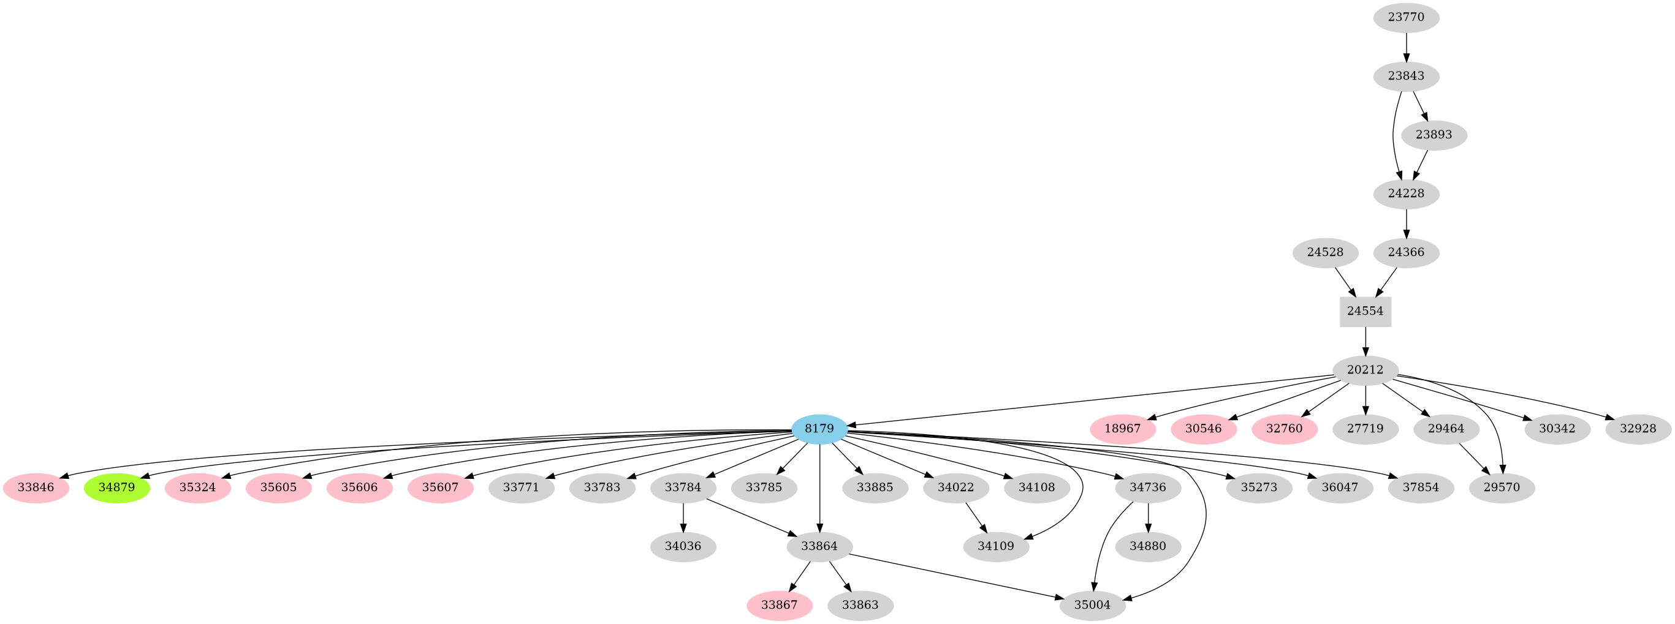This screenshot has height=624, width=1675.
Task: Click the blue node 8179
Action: click(819, 429)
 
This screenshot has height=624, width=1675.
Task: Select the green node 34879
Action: click(117, 487)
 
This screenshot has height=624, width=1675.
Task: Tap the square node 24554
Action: click(1365, 311)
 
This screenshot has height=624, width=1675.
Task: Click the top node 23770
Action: click(1406, 18)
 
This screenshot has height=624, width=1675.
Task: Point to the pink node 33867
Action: click(779, 605)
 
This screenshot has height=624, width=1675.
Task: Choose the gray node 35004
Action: click(1092, 605)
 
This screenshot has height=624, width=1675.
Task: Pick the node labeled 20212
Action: click(1365, 370)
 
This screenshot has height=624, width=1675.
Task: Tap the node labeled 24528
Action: click(1325, 252)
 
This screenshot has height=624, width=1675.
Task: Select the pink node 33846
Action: click(36, 487)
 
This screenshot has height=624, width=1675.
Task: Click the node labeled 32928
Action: click(1638, 429)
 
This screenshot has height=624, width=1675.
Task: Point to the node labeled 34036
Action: click(683, 547)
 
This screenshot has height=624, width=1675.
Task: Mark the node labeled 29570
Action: click(1502, 487)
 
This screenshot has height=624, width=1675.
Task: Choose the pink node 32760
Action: click(1284, 429)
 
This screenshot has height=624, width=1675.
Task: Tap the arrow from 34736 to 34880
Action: click(1149, 517)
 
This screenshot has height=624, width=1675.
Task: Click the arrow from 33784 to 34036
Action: click(683, 517)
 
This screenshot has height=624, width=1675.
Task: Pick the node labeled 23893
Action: click(1433, 135)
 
